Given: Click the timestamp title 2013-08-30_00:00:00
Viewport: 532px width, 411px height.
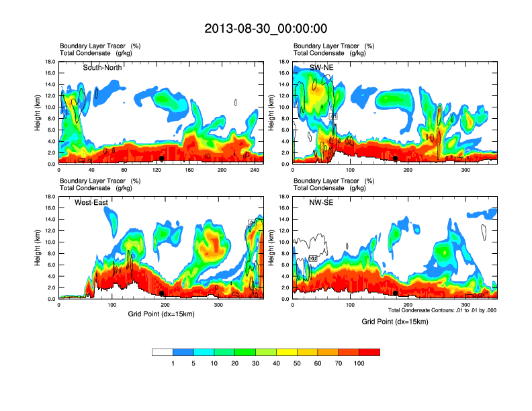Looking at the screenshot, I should coord(266,28).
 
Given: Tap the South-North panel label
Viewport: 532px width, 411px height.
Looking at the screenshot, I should coord(102,67).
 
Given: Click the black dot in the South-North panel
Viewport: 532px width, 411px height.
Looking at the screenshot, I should coord(161,158).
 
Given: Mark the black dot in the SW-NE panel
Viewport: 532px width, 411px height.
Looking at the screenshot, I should coord(396,158).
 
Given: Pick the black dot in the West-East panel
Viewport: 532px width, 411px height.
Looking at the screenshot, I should coord(162,293).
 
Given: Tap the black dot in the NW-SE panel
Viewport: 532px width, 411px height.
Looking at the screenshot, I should coord(396,293).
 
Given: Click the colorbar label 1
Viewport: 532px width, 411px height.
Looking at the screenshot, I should coord(173,363).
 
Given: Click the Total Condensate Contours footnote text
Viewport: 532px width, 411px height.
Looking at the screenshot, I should coord(442,310).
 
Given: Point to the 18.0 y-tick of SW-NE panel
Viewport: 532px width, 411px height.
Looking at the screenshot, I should coord(285,62).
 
